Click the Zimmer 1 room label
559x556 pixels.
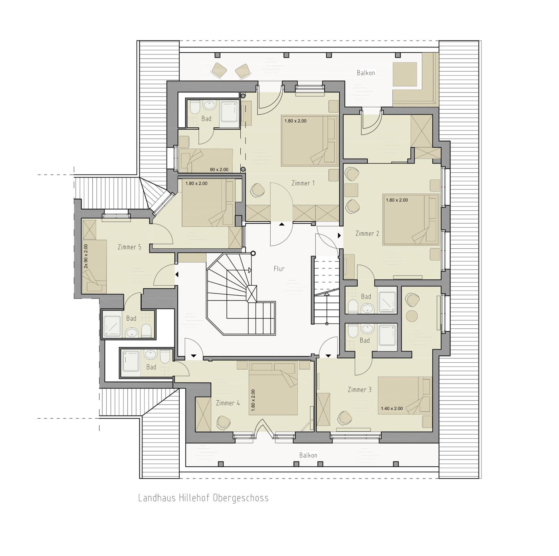(303, 183)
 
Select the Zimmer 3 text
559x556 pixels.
(360, 390)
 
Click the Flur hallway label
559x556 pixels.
(279, 269)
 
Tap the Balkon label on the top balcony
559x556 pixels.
(366, 73)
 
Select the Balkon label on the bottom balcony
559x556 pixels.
(308, 455)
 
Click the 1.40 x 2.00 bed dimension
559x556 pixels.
(392, 409)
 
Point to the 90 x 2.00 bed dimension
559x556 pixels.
(219, 169)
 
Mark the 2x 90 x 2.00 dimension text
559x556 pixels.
(86, 256)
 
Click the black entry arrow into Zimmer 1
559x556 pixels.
(282, 224)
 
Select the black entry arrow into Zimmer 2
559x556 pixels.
(339, 236)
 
